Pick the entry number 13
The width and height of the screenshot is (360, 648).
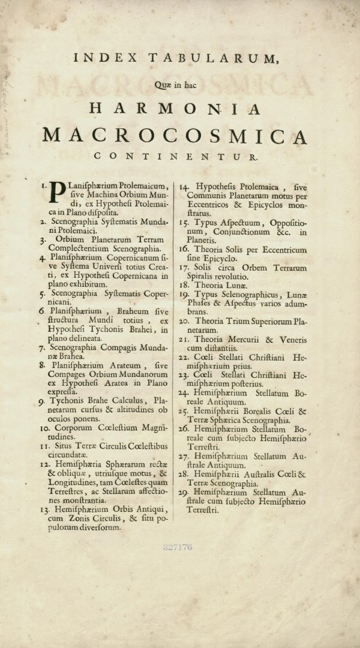[44, 509]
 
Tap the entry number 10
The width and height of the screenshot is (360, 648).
[44, 428]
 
